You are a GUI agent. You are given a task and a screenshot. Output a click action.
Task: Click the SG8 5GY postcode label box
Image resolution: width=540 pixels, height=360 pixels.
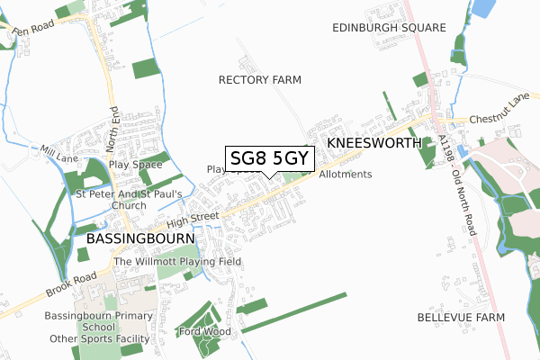[x=270, y=158]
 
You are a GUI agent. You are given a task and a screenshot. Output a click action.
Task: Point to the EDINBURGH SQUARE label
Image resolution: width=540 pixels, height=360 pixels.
[x=388, y=28]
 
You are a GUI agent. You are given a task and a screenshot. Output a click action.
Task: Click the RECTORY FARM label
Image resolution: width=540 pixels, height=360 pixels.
[x=260, y=80]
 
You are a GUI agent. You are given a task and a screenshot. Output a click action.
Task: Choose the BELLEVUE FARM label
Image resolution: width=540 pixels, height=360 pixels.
[x=461, y=318]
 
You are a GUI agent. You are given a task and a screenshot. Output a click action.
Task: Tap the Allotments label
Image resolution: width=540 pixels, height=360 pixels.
[x=345, y=174]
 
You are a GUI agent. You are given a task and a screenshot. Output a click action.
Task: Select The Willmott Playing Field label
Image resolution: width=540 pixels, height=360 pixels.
[x=176, y=261]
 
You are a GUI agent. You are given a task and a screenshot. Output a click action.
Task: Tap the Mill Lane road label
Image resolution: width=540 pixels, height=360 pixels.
[x=59, y=154]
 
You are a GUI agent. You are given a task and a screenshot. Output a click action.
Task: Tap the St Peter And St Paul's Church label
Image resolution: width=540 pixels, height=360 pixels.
[x=130, y=199]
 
